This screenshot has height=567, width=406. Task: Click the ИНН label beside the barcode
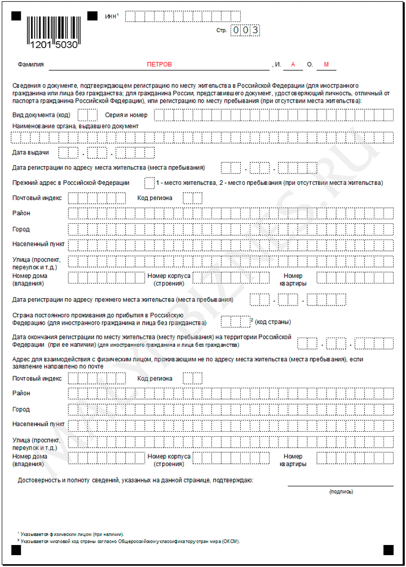(x=111, y=16)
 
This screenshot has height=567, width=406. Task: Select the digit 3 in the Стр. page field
(x=255, y=30)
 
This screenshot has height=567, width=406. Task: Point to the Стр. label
(x=221, y=30)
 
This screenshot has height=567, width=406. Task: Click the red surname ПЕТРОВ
(x=159, y=65)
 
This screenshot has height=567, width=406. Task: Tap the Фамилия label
(x=30, y=65)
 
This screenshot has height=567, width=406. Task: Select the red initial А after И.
(x=293, y=65)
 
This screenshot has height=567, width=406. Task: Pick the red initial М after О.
(x=326, y=65)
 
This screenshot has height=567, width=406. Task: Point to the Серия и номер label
(x=126, y=115)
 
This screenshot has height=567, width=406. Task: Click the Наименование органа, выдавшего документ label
(x=75, y=126)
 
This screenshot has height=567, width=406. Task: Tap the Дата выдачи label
(x=30, y=153)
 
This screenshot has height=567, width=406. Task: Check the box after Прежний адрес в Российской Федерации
(x=149, y=183)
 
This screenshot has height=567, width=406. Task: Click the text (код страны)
(x=273, y=322)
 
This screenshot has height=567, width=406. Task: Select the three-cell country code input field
(x=235, y=321)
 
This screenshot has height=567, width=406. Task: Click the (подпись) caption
(x=341, y=491)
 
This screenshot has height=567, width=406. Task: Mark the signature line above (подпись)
(x=341, y=485)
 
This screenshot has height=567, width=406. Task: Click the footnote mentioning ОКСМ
(x=130, y=541)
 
